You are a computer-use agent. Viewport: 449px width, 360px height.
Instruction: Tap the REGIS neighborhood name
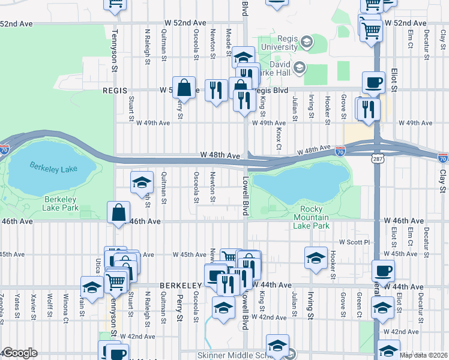(x=115, y=91)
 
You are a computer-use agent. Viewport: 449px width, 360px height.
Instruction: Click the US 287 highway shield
(x=376, y=158)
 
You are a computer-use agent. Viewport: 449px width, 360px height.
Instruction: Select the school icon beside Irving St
(x=315, y=257)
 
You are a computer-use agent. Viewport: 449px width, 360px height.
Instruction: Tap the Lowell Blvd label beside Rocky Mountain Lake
(x=245, y=197)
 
